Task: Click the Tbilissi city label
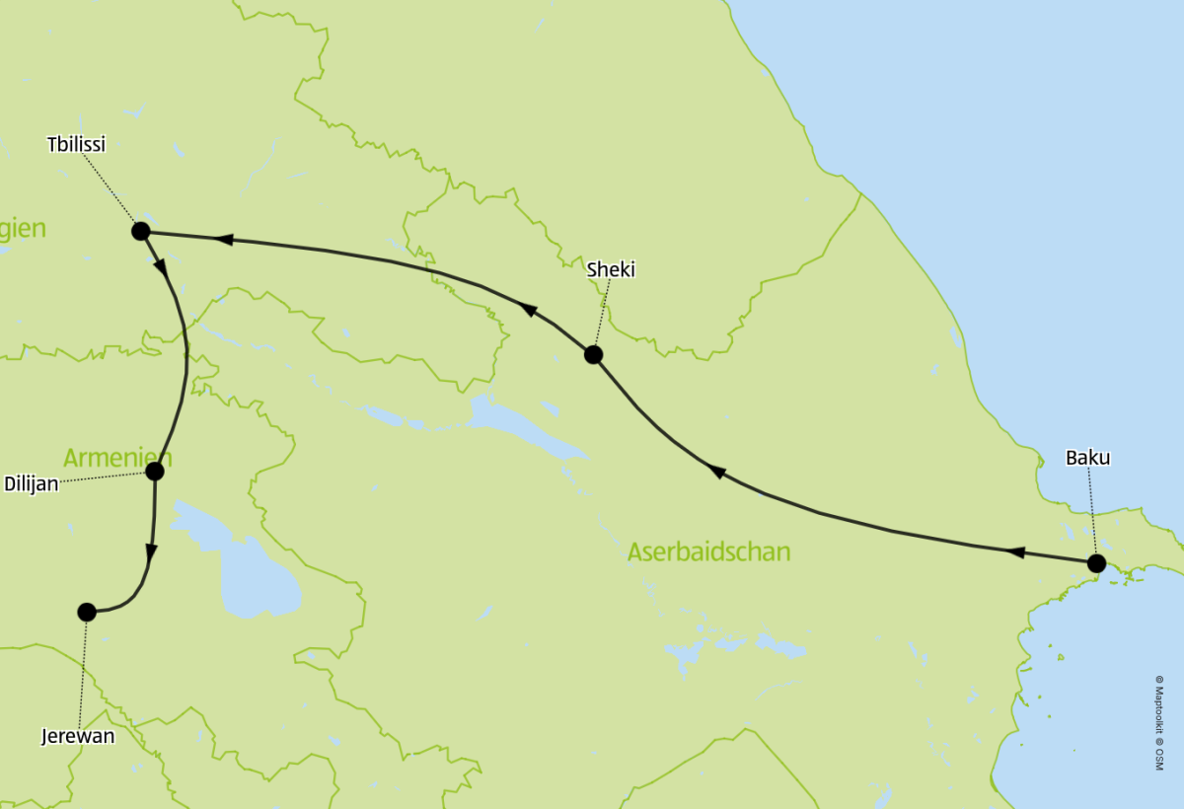point(76,145)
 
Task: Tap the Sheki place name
point(611,269)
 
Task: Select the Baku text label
point(1087,458)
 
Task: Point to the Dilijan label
point(31,483)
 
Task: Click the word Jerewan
point(78,736)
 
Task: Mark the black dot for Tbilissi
point(140,231)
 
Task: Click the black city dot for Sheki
point(593,354)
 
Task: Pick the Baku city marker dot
point(1096,563)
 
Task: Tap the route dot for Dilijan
point(154,471)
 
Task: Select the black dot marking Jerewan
point(87,612)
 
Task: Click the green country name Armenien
point(117,458)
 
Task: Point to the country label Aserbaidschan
point(708,552)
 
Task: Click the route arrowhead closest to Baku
point(1014,552)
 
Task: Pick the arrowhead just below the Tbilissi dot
point(160,265)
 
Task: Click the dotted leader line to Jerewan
point(83,671)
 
